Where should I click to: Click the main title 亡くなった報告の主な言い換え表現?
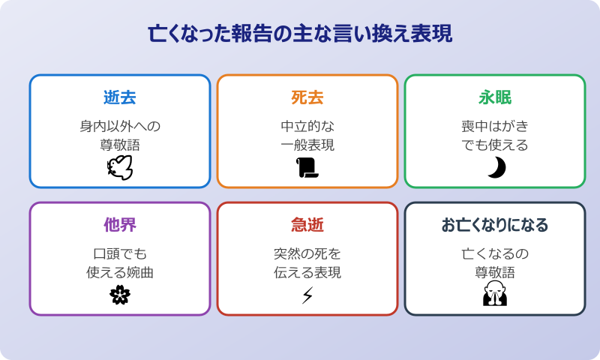(x=300, y=34)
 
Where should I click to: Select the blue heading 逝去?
(x=120, y=98)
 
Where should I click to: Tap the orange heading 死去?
(x=307, y=98)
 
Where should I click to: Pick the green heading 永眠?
(x=495, y=98)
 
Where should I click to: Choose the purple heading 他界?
(x=120, y=226)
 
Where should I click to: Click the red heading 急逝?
(x=307, y=226)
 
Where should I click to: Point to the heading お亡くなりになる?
(x=495, y=226)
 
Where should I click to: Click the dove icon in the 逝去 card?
(x=120, y=168)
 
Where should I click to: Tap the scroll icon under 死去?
(x=307, y=168)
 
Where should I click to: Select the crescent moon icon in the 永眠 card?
(x=496, y=168)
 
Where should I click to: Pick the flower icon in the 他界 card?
(x=120, y=295)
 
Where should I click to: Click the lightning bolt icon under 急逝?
(x=307, y=295)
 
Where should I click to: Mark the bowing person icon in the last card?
(x=495, y=295)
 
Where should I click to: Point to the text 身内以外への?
(x=120, y=125)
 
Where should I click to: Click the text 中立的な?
(x=307, y=125)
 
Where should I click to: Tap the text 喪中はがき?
(x=495, y=125)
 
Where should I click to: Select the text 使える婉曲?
(x=120, y=272)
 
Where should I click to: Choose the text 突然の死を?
(x=307, y=253)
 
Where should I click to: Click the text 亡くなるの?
(x=495, y=253)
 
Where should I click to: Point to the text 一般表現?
(x=307, y=145)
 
